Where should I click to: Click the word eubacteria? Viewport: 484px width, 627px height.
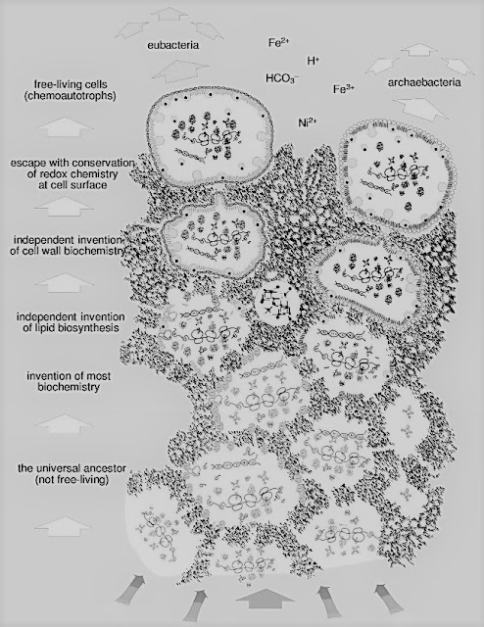click(x=172, y=45)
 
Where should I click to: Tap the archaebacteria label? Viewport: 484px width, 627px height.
click(x=424, y=82)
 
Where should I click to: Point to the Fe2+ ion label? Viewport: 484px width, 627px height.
click(x=279, y=42)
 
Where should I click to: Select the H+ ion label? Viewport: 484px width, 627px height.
click(x=313, y=61)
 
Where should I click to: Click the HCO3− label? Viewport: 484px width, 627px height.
click(x=282, y=78)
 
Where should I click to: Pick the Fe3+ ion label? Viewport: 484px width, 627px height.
click(x=344, y=89)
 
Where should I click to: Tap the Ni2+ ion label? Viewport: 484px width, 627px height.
click(x=308, y=121)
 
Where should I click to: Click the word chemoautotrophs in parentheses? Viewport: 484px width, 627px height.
click(x=70, y=96)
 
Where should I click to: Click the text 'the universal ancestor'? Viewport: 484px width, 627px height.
click(x=72, y=468)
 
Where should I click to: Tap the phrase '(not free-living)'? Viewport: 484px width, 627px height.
click(x=72, y=479)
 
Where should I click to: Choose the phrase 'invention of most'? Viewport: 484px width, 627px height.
click(x=69, y=376)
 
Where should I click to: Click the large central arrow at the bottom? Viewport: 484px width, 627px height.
click(x=260, y=597)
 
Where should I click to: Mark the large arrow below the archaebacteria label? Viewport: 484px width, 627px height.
click(x=418, y=109)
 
